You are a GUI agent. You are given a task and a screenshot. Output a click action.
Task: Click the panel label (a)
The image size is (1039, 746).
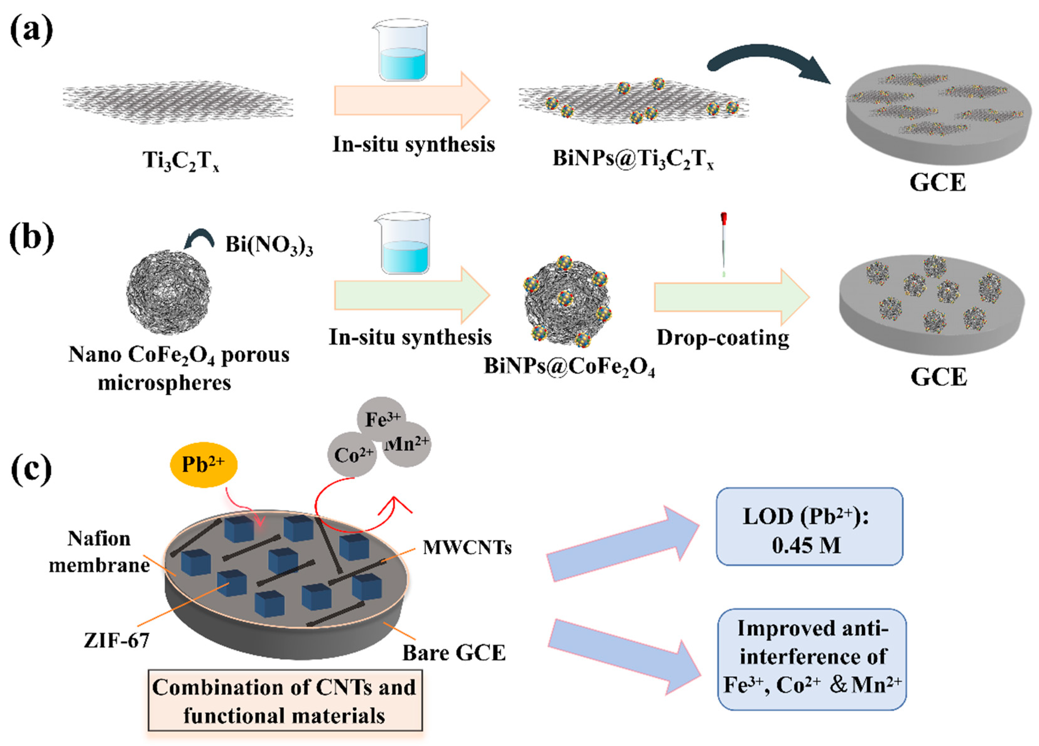tap(31, 31)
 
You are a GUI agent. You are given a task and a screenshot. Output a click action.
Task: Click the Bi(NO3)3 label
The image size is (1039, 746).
tap(269, 245)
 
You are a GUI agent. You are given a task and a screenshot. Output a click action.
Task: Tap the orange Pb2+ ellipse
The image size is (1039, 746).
tap(204, 465)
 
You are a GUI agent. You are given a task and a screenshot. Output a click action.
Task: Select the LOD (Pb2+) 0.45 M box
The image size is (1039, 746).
tap(809, 527)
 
